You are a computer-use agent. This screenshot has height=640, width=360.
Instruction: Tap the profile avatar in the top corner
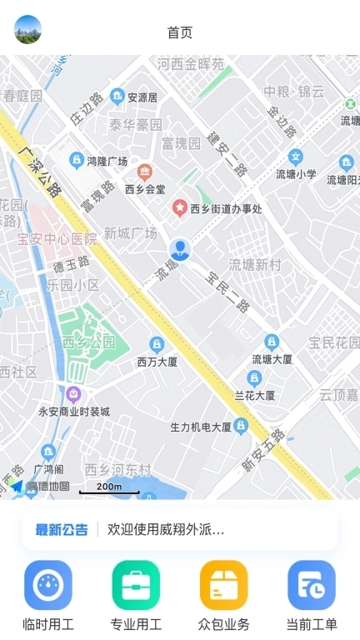(x=27, y=29)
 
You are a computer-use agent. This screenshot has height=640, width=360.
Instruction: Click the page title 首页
(x=180, y=32)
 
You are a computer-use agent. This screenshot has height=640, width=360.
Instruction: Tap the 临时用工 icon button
(x=48, y=585)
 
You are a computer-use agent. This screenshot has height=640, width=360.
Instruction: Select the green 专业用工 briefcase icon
(x=136, y=585)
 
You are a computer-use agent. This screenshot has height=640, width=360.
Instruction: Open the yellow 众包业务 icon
(x=224, y=585)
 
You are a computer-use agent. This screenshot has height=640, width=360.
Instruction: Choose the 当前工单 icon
(x=312, y=585)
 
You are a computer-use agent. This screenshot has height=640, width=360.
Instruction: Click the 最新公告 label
(x=62, y=530)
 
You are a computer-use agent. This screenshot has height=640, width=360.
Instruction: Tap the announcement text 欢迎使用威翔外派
(x=166, y=530)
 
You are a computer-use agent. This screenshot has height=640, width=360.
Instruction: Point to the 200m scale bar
(x=109, y=488)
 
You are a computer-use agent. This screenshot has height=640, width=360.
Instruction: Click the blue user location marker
(x=180, y=248)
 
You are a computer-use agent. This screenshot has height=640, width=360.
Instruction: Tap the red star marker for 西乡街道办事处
(x=179, y=207)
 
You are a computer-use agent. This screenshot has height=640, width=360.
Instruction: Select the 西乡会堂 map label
(x=146, y=189)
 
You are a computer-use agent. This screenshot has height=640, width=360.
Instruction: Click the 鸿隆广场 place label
(x=107, y=161)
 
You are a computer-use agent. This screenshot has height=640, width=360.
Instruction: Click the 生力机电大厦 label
(x=201, y=427)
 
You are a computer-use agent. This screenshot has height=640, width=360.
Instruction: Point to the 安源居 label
(x=142, y=97)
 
